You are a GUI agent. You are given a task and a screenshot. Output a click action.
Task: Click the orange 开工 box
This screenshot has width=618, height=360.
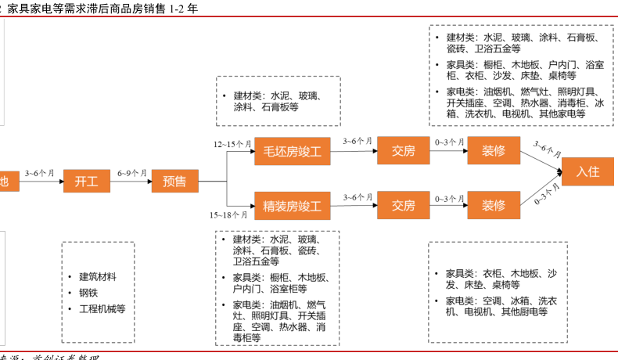[86, 182]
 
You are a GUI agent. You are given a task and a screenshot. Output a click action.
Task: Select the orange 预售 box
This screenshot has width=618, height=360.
[174, 182]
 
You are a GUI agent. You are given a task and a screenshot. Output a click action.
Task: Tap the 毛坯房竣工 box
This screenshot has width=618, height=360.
[292, 151]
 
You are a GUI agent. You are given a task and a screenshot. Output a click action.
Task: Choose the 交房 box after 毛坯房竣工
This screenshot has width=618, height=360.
[403, 151]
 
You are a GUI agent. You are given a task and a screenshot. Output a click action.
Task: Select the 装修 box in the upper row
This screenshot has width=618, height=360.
[493, 151]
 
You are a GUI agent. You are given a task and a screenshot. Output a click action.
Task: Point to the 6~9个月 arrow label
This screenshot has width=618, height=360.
[131, 172]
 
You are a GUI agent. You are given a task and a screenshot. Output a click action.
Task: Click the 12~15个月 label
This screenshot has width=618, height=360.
[232, 145]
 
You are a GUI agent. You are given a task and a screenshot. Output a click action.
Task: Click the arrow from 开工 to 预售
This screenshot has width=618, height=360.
[131, 182]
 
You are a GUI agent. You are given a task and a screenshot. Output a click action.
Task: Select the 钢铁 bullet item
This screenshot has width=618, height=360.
[88, 293]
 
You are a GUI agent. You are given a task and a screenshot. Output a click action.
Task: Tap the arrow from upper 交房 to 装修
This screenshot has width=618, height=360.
[449, 152]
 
